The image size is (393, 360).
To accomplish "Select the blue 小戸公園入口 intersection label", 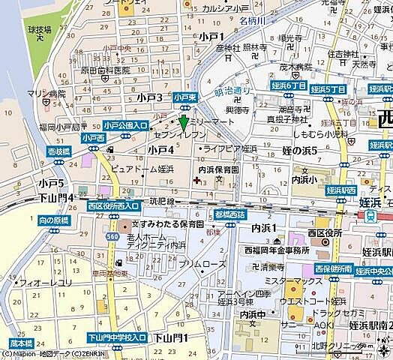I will [x=124, y=125].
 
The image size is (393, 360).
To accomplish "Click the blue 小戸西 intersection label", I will [x=94, y=139].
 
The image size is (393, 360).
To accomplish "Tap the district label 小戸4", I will [x=160, y=150].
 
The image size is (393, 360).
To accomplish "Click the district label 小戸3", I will [x=150, y=97].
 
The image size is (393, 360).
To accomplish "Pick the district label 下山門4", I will [x=57, y=197].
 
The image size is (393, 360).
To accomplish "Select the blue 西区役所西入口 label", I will [x=112, y=205].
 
